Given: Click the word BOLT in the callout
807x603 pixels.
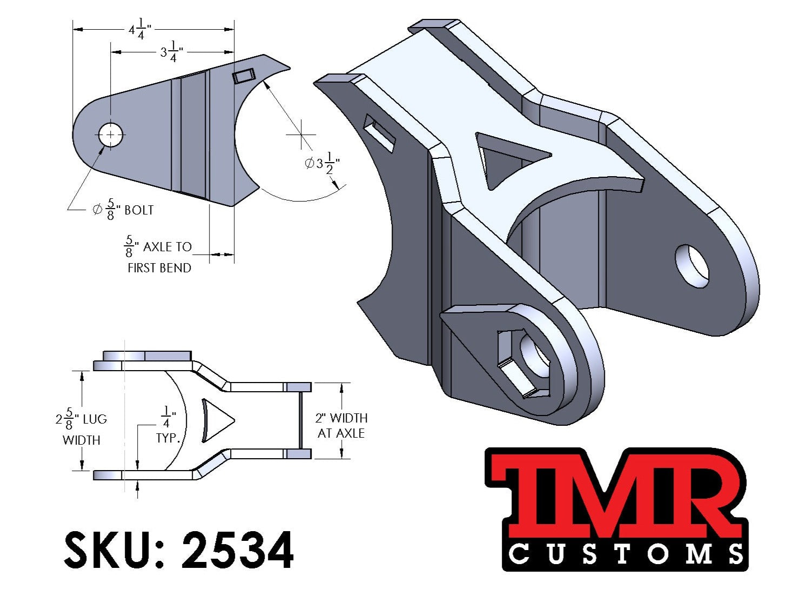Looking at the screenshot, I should point(139,210).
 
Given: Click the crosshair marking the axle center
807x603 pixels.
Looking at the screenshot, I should point(301,133).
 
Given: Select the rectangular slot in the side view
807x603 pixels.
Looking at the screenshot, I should point(244,76).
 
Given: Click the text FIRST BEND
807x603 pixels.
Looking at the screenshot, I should point(159,268).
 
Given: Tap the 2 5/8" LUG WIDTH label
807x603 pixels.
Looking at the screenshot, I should point(81,429).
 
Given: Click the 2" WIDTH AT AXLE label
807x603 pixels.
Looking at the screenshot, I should point(341,425).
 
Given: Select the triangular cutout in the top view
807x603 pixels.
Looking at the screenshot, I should point(216,420).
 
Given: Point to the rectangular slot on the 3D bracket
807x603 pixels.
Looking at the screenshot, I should point(380,133).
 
